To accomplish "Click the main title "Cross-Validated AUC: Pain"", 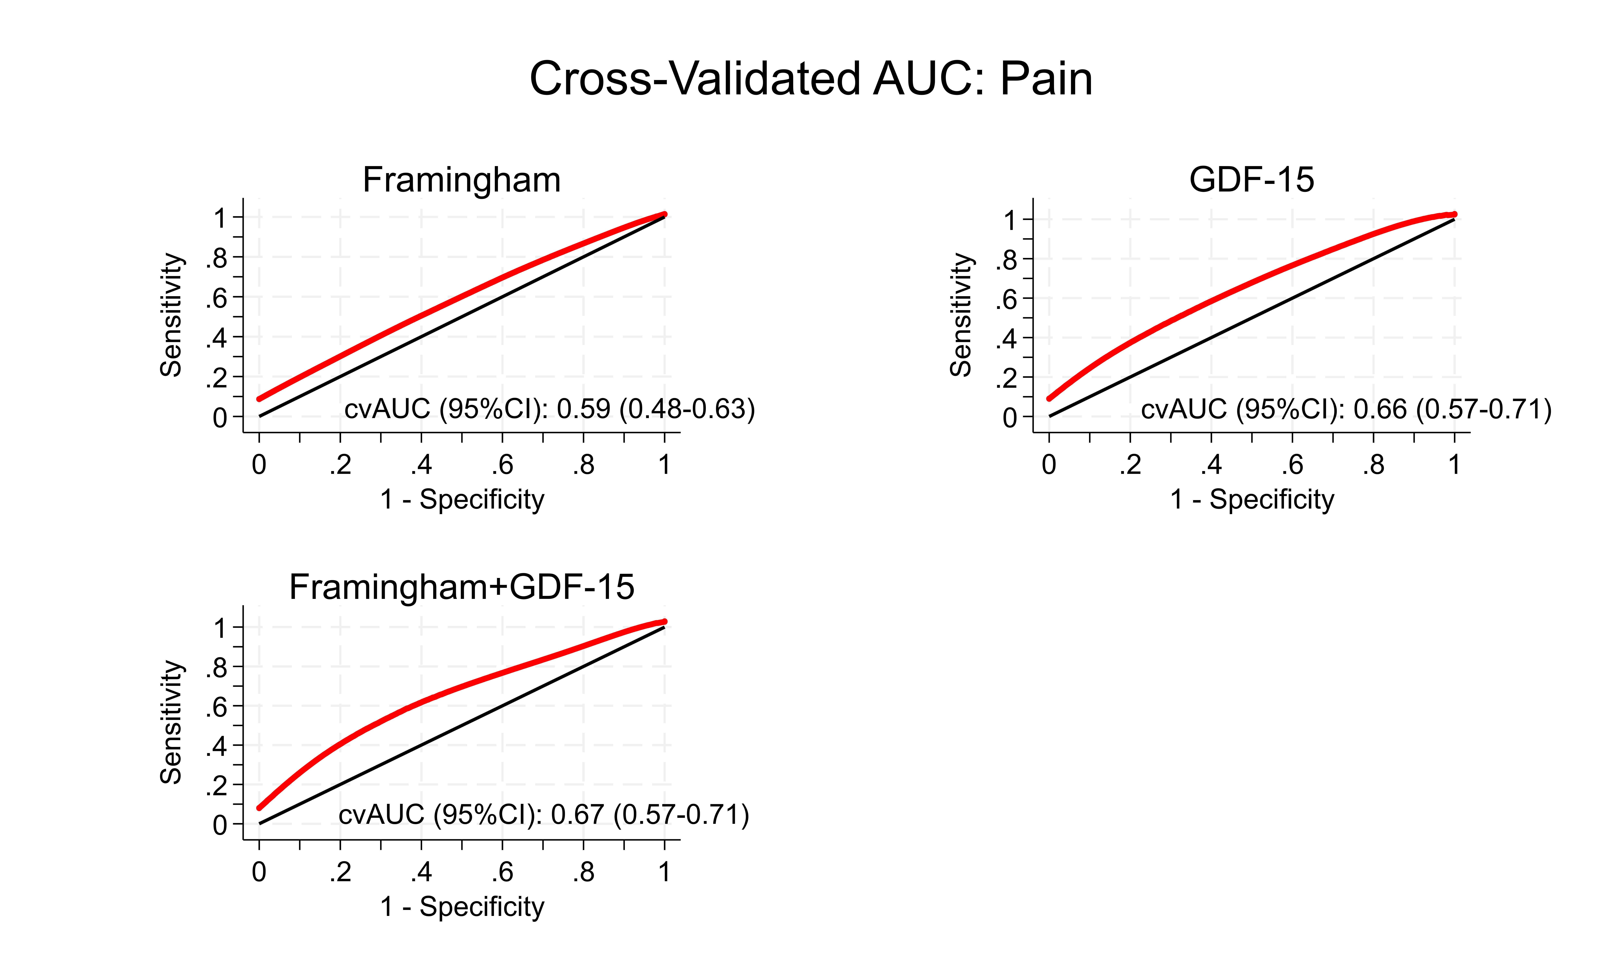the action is pos(811,79).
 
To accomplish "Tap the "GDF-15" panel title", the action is pos(1252,180).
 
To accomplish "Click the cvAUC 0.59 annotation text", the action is pos(550,409).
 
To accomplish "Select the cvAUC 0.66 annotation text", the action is pos(1346,409).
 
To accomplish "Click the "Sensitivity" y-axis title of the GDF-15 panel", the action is pos(961,315).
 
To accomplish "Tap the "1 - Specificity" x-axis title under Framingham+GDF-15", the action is pos(462,907).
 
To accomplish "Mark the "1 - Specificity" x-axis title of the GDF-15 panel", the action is pos(1252,500).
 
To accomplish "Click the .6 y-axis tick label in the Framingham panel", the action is pos(217,298).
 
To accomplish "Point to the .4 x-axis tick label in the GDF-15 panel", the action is pos(1211,465).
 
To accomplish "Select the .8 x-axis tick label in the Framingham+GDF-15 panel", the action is pos(583,872).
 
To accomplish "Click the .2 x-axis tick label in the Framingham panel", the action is pos(340,465).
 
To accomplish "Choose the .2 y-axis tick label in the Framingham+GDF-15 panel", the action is pos(217,786).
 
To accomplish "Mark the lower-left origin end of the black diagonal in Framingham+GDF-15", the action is pos(260,823).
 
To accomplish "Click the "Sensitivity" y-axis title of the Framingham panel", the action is pos(171,315).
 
